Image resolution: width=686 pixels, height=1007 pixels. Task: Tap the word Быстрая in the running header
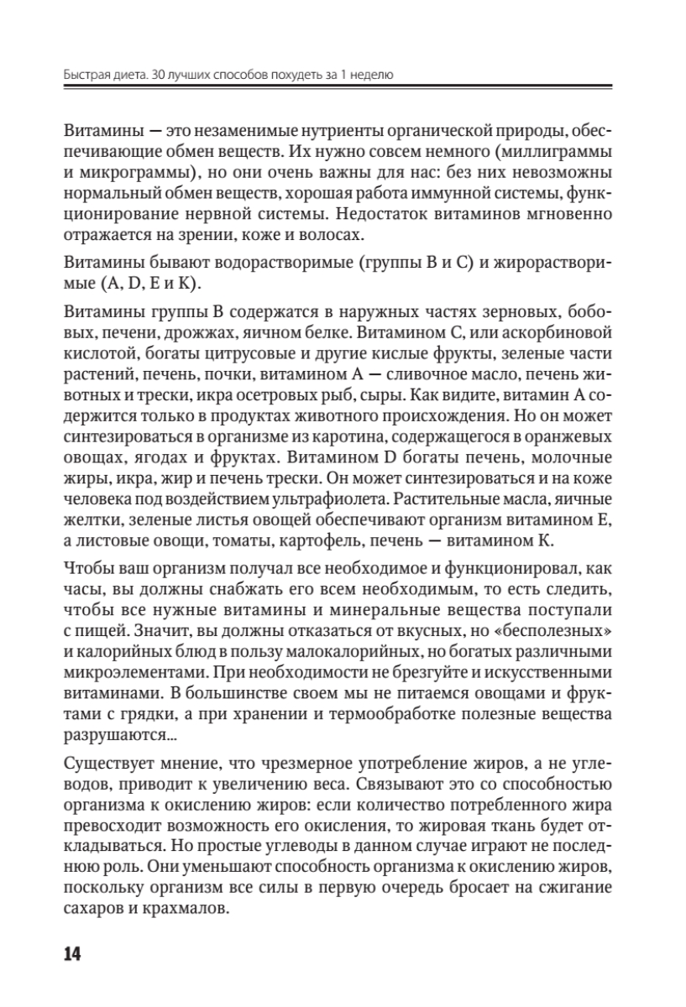point(87,75)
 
